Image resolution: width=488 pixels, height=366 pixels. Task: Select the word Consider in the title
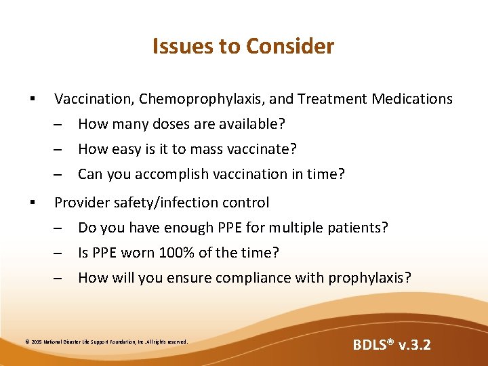[x=290, y=46]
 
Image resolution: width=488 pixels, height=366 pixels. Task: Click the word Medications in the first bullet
[x=412, y=99]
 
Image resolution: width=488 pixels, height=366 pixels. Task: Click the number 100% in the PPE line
[x=175, y=253]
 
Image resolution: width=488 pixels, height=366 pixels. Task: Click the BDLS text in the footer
[x=374, y=345]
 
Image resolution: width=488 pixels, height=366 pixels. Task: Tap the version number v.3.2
[x=413, y=345]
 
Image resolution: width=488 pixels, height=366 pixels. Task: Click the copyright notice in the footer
[x=106, y=342]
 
